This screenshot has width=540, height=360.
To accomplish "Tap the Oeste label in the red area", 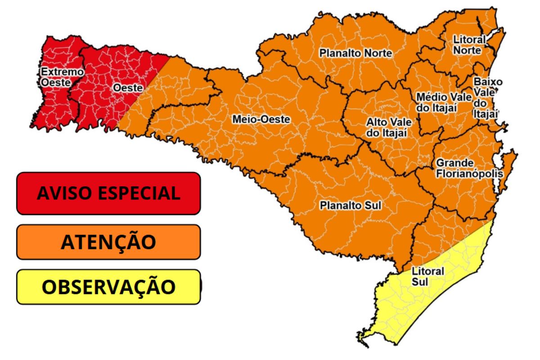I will (128, 88).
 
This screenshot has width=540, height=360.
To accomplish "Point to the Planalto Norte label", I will (355, 53).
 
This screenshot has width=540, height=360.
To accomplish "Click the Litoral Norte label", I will (469, 45).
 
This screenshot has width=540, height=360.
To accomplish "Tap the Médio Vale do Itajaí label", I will (444, 102).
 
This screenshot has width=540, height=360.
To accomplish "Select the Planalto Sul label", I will (350, 206).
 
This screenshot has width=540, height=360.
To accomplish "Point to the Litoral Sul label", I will (427, 276).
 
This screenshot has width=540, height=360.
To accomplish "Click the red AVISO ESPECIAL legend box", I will (108, 193).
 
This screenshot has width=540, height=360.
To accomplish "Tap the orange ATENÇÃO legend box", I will (108, 242).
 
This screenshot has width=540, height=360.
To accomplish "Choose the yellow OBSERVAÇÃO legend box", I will (108, 287).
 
